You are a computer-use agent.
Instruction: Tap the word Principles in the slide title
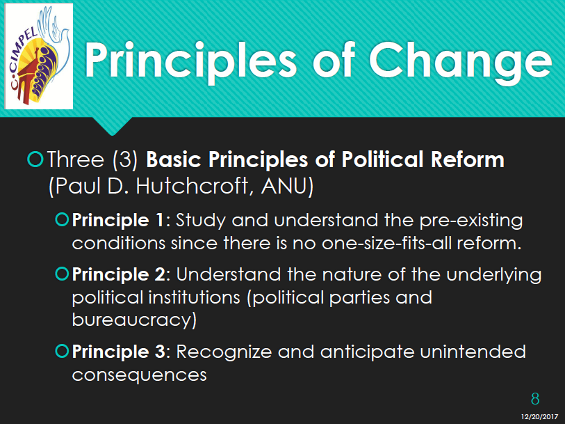pyautogui.click(x=191, y=61)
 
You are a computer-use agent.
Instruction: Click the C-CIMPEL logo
pyautogui.click(x=39, y=56)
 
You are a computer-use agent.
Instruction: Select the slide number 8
pyautogui.click(x=535, y=399)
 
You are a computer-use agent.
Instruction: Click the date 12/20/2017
pyautogui.click(x=539, y=417)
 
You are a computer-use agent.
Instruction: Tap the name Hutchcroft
pyautogui.click(x=193, y=186)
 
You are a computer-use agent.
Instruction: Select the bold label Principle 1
pyautogui.click(x=118, y=220)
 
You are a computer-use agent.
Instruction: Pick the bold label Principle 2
pyautogui.click(x=119, y=274)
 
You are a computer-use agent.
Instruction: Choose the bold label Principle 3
pyautogui.click(x=119, y=352)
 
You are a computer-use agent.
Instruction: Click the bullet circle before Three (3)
pyautogui.click(x=35, y=159)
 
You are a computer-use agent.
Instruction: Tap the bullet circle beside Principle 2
pyautogui.click(x=62, y=274)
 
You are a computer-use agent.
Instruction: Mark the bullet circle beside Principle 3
pyautogui.click(x=62, y=351)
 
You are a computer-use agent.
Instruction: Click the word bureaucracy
pyautogui.click(x=134, y=320)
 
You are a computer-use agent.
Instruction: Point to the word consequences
pyautogui.click(x=140, y=375)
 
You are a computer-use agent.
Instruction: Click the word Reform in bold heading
pyautogui.click(x=468, y=159)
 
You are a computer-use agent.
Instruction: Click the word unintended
pyautogui.click(x=473, y=352)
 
